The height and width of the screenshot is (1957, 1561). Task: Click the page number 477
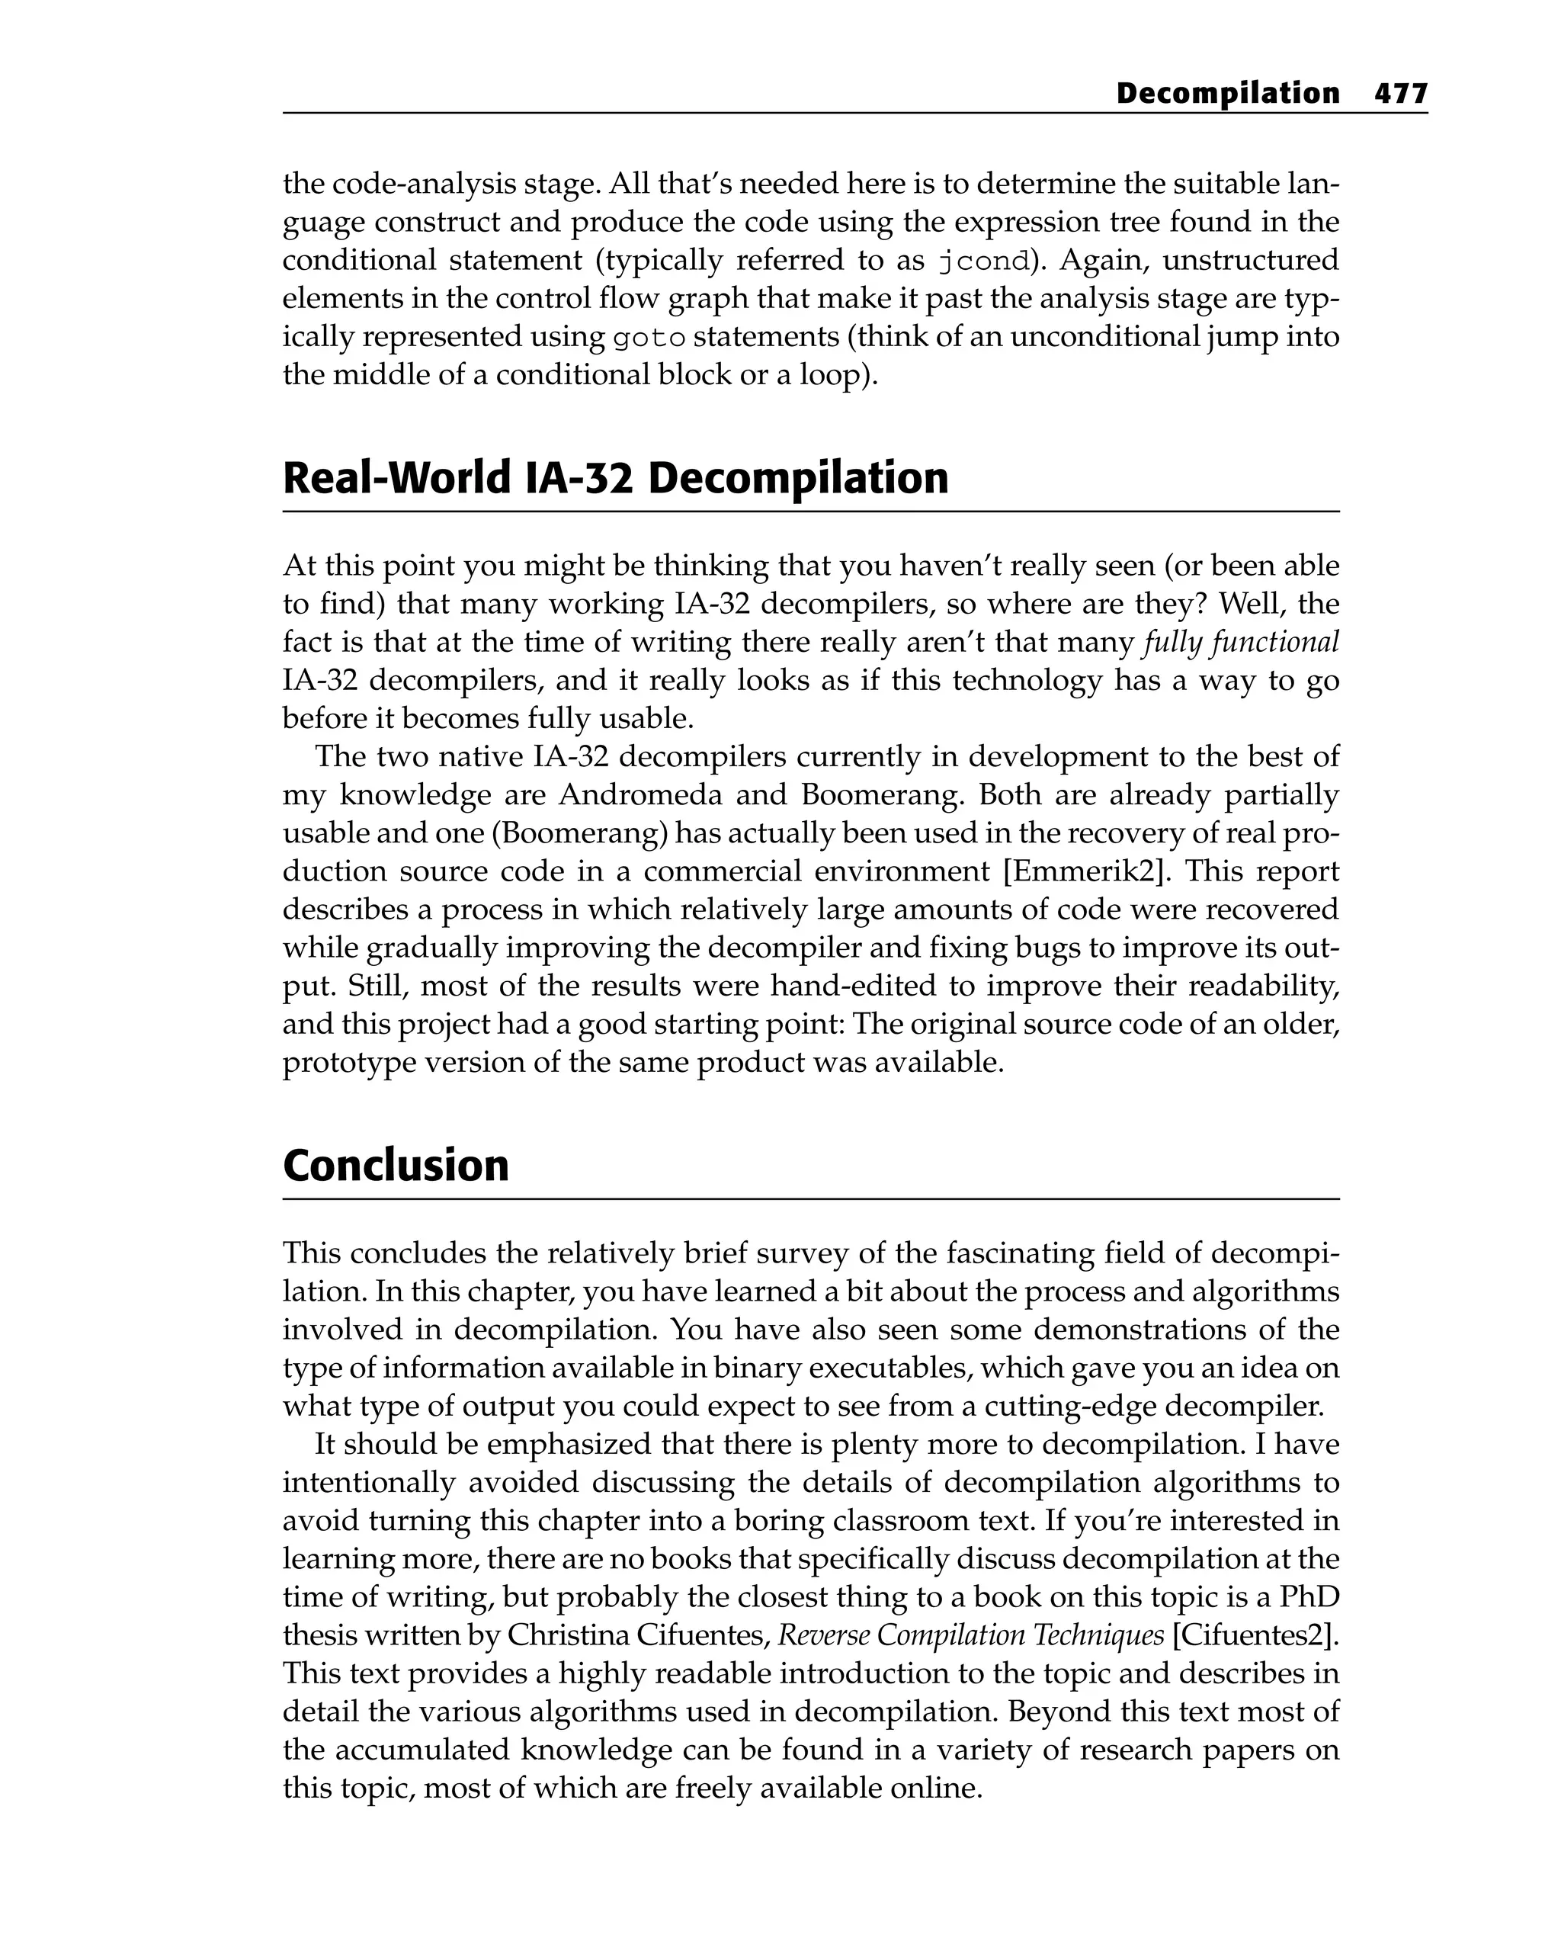(1400, 94)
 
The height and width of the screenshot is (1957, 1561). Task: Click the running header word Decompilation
(1227, 94)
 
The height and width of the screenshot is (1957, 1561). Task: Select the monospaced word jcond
(984, 261)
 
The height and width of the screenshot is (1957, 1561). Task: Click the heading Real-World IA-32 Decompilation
(614, 478)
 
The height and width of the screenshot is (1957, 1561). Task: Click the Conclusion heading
(396, 1166)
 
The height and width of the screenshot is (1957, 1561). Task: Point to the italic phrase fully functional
(1241, 643)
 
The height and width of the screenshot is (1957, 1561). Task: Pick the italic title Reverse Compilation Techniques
(971, 1636)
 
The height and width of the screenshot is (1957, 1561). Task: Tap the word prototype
(345, 1063)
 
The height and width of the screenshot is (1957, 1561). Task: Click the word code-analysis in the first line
(425, 185)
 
